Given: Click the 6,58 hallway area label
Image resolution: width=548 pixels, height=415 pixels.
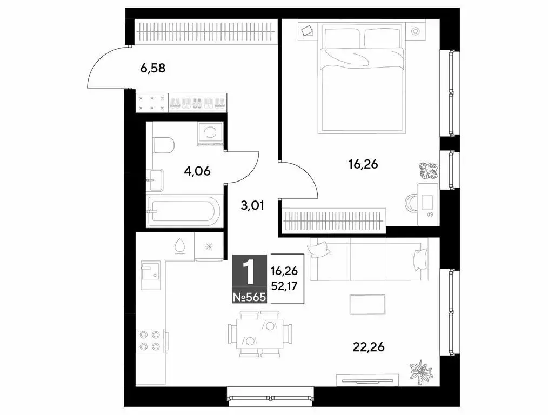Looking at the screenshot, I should click(x=152, y=69).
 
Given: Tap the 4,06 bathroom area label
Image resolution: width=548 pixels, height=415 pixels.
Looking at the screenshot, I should click(x=197, y=172).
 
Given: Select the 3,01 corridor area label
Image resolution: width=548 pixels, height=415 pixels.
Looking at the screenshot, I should click(x=252, y=205).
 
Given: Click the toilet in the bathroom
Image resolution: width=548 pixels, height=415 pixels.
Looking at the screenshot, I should click(x=163, y=145).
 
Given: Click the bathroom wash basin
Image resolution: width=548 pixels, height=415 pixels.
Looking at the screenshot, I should click(x=155, y=179).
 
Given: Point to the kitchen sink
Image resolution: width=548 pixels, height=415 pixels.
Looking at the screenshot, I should click(x=151, y=271).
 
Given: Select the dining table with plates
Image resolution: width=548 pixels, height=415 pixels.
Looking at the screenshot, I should click(x=260, y=333).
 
